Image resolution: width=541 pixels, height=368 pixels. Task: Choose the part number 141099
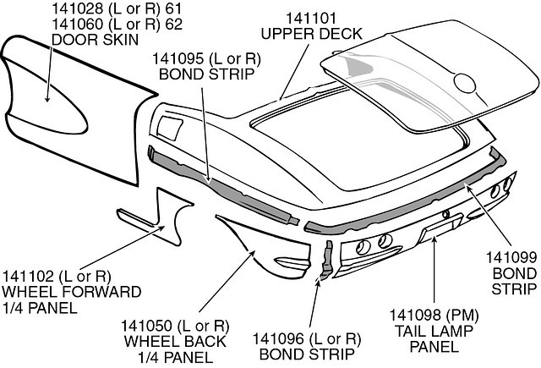(510, 256)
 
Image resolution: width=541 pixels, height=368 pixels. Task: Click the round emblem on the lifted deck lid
(466, 83)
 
